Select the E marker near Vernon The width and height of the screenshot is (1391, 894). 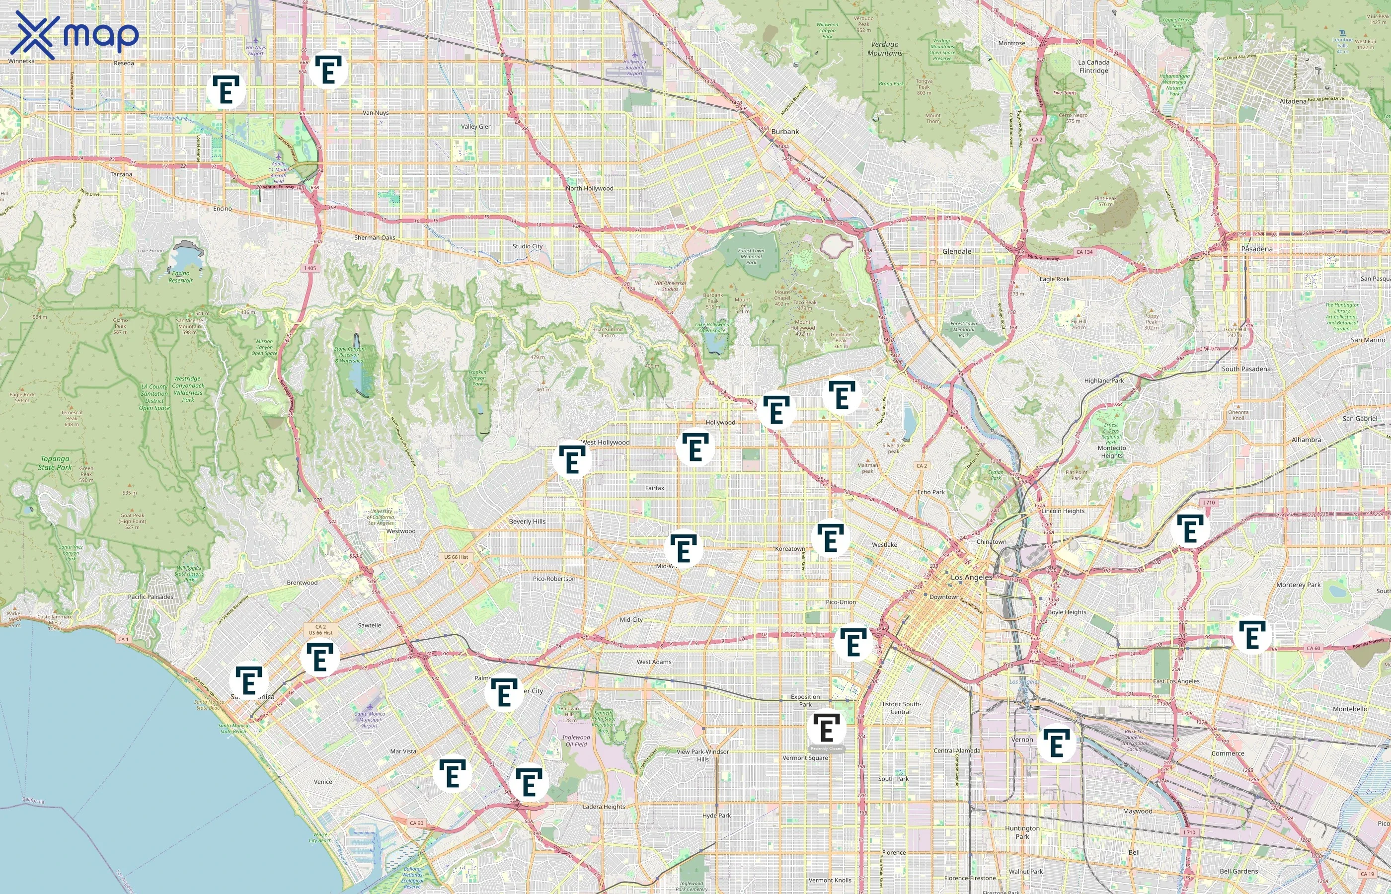tap(1056, 744)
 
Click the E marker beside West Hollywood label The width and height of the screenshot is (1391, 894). tap(571, 460)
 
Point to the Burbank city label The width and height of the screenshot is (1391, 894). tap(785, 132)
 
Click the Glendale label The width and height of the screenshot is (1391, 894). tap(957, 251)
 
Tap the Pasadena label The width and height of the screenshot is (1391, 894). tap(1256, 249)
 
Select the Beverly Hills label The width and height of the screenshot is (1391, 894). tap(527, 521)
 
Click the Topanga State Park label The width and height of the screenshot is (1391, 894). tap(55, 463)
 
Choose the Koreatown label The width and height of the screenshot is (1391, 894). tap(790, 549)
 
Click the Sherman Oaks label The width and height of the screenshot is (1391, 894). tap(375, 237)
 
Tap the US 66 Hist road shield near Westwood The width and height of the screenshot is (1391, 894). tap(456, 557)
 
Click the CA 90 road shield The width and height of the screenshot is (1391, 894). tap(416, 822)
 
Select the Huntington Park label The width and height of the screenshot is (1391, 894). tap(1022, 832)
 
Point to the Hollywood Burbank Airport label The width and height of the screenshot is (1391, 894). tap(634, 68)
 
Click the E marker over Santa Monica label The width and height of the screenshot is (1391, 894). tap(248, 681)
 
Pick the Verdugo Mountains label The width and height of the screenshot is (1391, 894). tap(885, 49)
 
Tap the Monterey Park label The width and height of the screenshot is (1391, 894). tap(1298, 585)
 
